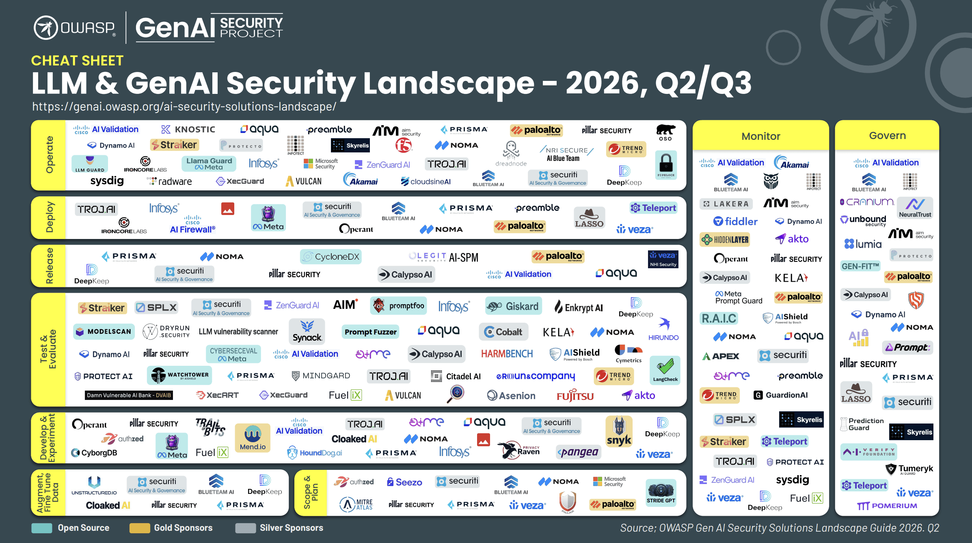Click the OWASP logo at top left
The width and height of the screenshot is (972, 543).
(75, 28)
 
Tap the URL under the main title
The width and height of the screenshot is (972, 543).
(184, 106)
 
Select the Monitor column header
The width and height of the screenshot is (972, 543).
(760, 136)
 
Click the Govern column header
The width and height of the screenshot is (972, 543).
(887, 135)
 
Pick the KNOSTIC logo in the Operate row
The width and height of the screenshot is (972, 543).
(188, 129)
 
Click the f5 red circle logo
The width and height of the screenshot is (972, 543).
(404, 145)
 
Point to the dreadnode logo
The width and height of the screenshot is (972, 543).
(511, 154)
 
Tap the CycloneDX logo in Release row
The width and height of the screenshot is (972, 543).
(331, 257)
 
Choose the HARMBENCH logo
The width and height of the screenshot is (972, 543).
(507, 354)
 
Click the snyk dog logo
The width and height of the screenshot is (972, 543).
(619, 432)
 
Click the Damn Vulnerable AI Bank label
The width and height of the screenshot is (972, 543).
(129, 395)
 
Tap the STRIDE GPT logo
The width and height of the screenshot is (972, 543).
(661, 493)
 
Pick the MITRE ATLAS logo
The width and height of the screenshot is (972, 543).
(356, 504)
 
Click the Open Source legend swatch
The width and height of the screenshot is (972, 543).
(42, 528)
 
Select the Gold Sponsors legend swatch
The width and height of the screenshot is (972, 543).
(139, 528)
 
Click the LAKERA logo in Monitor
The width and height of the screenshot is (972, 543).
(726, 204)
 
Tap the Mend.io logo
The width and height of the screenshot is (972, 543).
(253, 438)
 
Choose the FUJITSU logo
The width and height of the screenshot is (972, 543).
(575, 395)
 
